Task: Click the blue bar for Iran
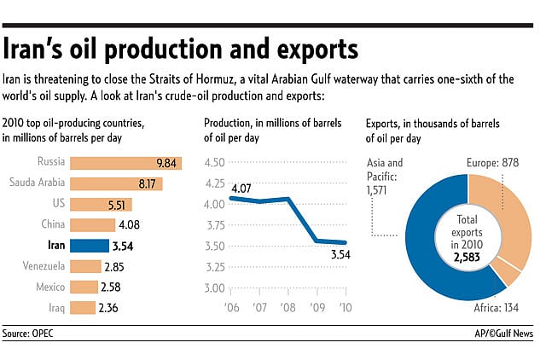pos(90,246)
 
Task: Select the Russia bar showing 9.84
pos(125,162)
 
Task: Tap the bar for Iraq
pos(83,308)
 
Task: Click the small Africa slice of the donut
pos(511,274)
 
